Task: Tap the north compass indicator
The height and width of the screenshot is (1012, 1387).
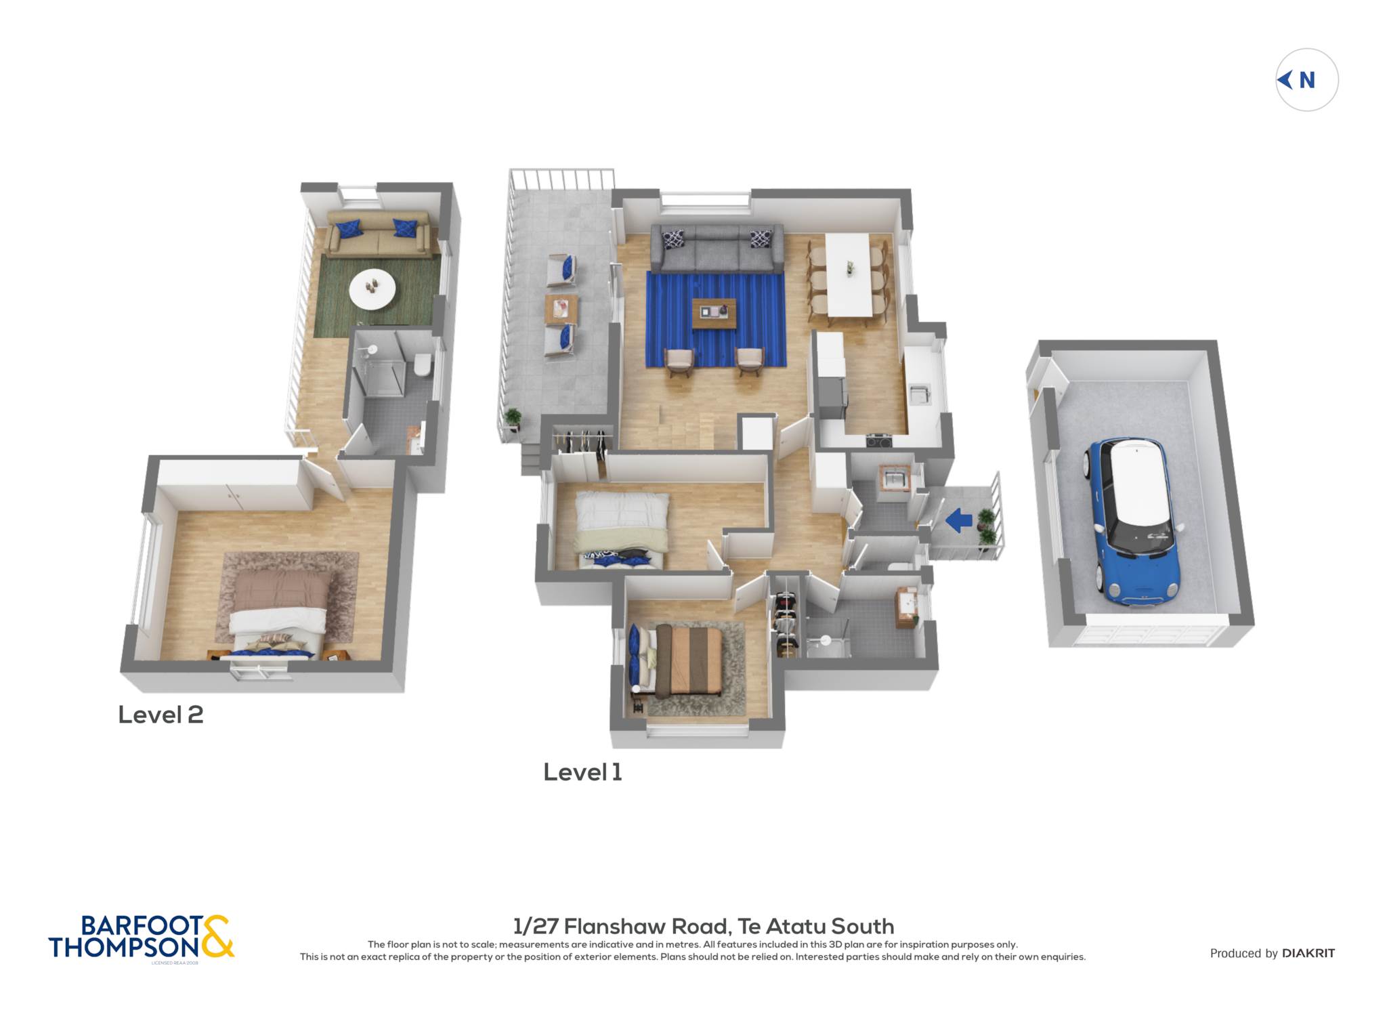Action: tap(1306, 80)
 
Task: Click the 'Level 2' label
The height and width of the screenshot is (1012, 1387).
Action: tap(161, 715)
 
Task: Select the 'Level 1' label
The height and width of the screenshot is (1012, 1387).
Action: tap(582, 772)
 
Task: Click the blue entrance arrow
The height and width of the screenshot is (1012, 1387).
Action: tap(959, 520)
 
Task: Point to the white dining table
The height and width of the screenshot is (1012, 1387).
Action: tap(849, 274)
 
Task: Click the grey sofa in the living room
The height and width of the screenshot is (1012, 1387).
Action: tap(717, 249)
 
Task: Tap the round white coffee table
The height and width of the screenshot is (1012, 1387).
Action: tap(372, 288)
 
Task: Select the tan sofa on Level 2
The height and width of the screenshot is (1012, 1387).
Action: tap(378, 234)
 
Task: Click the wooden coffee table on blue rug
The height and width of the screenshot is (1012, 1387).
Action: tap(714, 313)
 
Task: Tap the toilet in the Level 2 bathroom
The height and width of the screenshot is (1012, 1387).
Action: tap(422, 364)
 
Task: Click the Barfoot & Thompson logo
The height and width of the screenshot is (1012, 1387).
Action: tap(141, 937)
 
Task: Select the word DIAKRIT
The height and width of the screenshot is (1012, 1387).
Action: tap(1308, 954)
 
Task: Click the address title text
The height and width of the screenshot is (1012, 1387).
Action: tap(704, 926)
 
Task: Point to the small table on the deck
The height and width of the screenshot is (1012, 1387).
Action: tap(561, 309)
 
